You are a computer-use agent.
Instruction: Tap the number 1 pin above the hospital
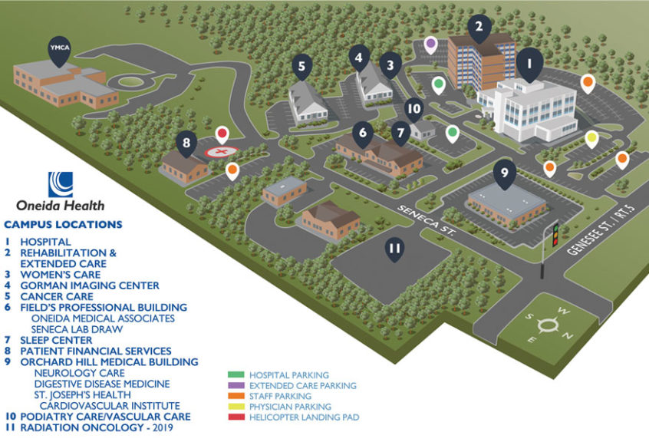pyautogui.click(x=529, y=62)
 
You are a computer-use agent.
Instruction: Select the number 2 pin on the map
pyautogui.click(x=479, y=28)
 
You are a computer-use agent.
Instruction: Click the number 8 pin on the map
pyautogui.click(x=186, y=143)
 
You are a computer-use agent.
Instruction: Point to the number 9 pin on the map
pyautogui.click(x=504, y=173)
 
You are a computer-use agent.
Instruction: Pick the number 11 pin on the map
pyautogui.click(x=394, y=248)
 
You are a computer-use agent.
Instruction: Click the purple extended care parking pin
pyautogui.click(x=431, y=44)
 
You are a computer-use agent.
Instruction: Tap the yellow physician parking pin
pyautogui.click(x=591, y=139)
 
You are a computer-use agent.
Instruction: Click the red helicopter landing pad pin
pyautogui.click(x=222, y=135)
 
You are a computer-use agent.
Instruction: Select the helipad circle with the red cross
pyautogui.click(x=220, y=152)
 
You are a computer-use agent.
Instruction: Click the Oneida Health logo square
pyautogui.click(x=60, y=184)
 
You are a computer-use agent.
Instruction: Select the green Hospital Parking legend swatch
pyautogui.click(x=236, y=374)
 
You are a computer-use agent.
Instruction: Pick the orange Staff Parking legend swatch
pyautogui.click(x=236, y=396)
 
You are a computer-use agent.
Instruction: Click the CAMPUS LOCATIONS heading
pyautogui.click(x=63, y=225)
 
